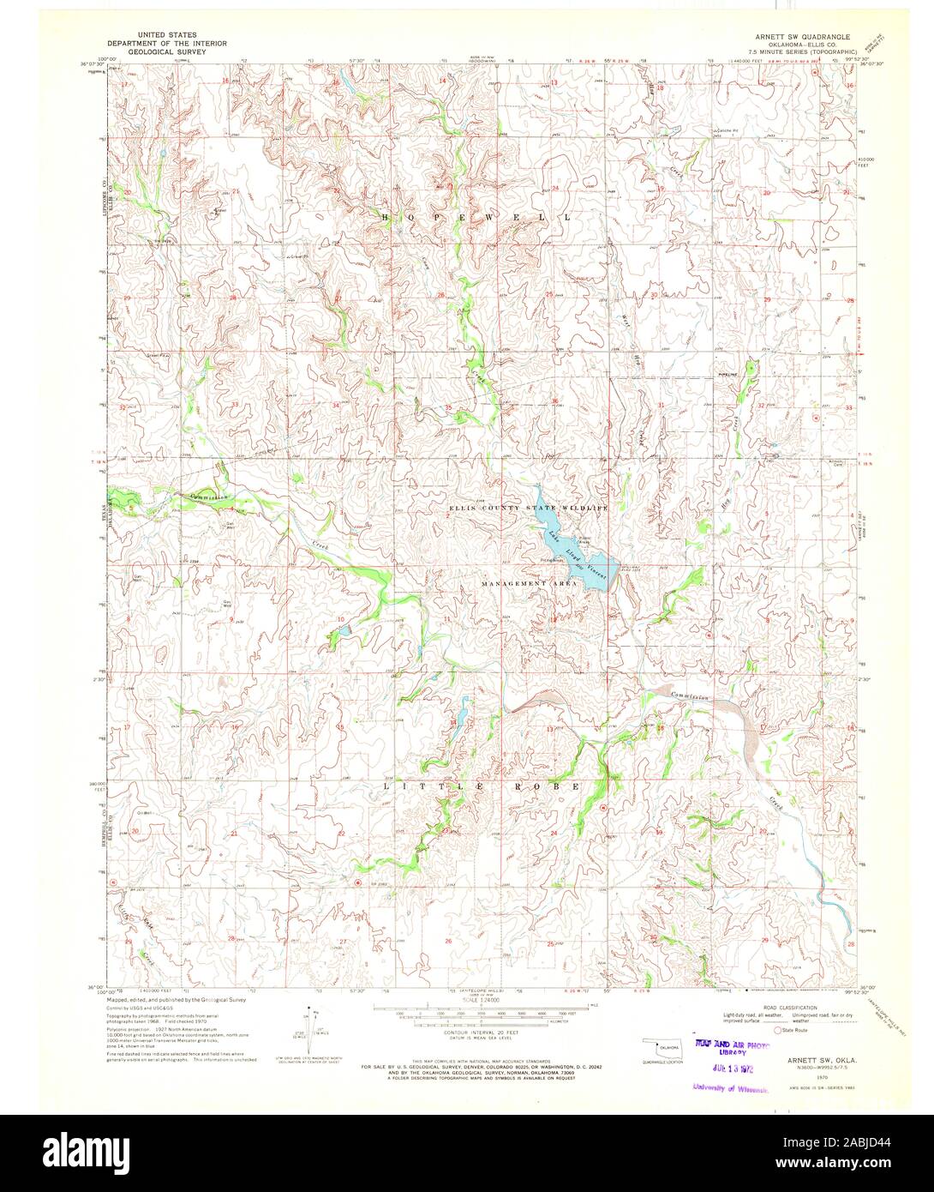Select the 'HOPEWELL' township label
coord(476,218)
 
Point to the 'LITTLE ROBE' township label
coord(481,786)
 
